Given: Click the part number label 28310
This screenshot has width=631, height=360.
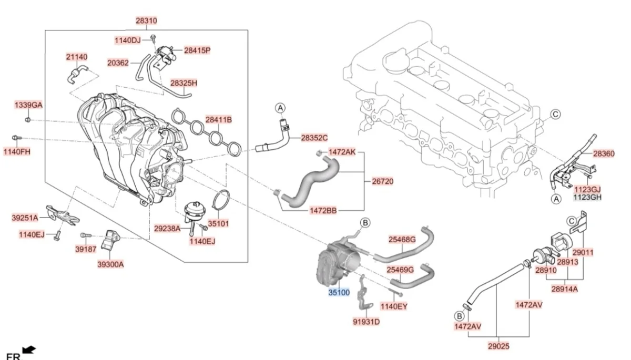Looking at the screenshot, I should coord(146,20).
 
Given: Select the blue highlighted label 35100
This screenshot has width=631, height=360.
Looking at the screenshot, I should coord(339,292).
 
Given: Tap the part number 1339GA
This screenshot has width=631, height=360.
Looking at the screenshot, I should coord(28,105).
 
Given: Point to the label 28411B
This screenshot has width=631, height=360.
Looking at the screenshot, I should coord(218,120).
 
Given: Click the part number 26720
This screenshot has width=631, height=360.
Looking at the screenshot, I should coord(383,181).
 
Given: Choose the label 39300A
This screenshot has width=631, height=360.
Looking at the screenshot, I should coord(110,264).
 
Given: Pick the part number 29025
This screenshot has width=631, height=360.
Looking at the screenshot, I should coord(498,346).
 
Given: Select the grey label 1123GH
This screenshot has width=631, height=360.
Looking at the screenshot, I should coord(587,198).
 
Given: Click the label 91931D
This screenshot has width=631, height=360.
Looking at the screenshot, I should coord(367,322).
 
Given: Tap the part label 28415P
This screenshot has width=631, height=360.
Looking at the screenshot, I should coord(197,50).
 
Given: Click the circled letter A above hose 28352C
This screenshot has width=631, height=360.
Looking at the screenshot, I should coord(281,108).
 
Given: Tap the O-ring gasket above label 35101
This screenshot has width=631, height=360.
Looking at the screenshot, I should coord(222,202).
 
